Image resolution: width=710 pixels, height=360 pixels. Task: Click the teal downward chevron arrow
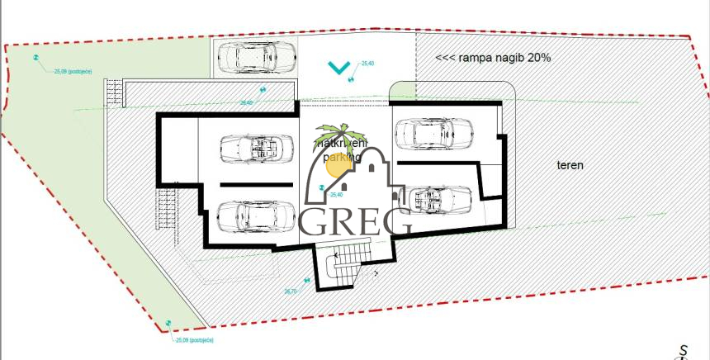pyautogui.click(x=337, y=68)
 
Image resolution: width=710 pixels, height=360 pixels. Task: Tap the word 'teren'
pyautogui.click(x=570, y=165)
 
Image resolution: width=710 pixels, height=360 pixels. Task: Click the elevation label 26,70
pyautogui.click(x=291, y=291)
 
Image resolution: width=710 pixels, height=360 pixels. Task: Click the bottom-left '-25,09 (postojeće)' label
pyautogui.click(x=194, y=339)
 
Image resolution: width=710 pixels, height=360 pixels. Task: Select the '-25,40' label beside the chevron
pyautogui.click(x=367, y=64)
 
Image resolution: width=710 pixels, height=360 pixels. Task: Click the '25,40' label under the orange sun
pyautogui.click(x=336, y=195)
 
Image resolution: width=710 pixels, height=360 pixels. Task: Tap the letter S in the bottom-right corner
pyautogui.click(x=684, y=350)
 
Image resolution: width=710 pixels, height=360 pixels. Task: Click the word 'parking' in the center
pyautogui.click(x=341, y=155)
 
